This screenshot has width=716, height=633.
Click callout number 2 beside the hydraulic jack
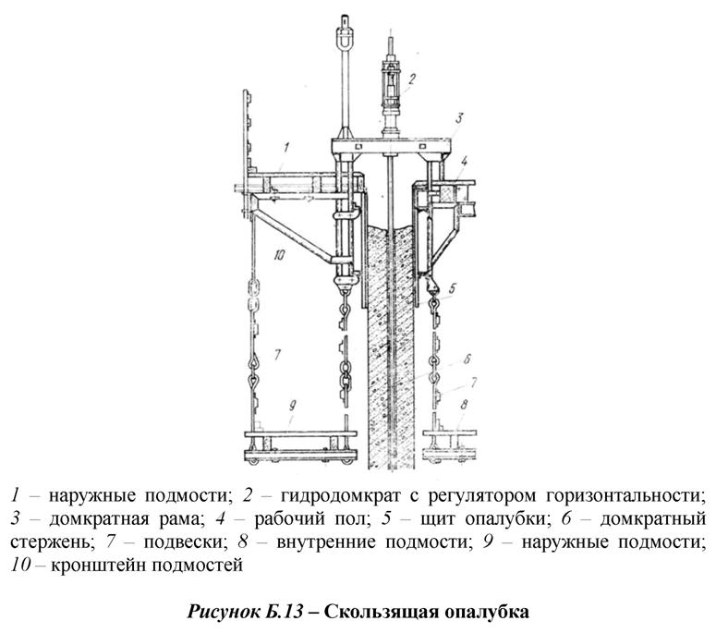point(411,79)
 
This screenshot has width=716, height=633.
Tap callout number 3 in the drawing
point(459,118)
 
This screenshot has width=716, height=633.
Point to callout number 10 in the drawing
point(279,254)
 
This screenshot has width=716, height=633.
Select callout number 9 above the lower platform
point(293,405)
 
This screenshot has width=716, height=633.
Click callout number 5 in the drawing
point(452,288)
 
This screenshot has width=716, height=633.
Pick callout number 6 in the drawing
point(467,359)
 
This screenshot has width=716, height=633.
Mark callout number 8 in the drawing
point(464,404)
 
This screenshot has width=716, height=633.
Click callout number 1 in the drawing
point(286,147)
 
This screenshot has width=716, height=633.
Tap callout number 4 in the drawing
point(465,160)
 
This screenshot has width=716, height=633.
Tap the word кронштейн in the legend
point(98,566)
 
